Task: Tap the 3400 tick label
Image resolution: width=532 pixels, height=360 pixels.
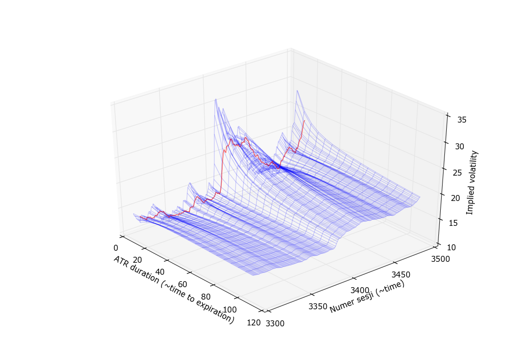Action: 360,290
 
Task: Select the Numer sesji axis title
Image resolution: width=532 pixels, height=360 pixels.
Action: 367,298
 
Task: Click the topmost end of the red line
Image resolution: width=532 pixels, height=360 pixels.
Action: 304,121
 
